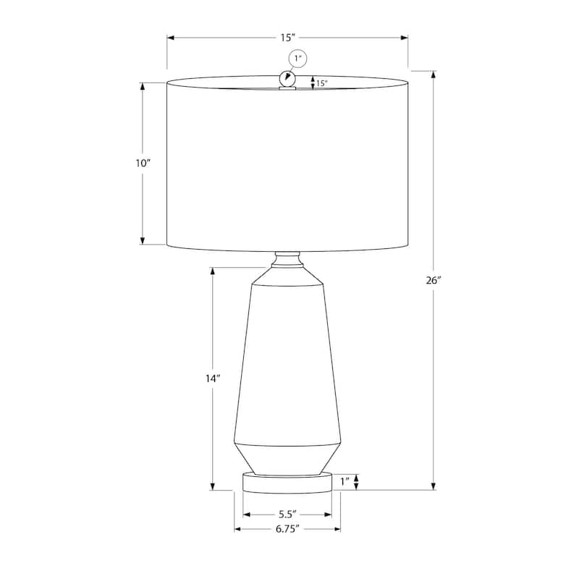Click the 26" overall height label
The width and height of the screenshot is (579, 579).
point(434,281)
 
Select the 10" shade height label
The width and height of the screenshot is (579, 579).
point(143,164)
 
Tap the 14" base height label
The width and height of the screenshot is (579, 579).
point(213,379)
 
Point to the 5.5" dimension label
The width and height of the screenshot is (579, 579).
point(287,515)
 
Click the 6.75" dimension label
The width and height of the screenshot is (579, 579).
point(287,529)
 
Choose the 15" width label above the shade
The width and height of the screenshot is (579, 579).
point(287,38)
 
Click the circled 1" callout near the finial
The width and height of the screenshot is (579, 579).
point(297,59)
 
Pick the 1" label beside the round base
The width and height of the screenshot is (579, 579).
point(345,481)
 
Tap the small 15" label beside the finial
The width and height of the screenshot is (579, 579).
point(321,83)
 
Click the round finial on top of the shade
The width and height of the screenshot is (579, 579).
point(287,78)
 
